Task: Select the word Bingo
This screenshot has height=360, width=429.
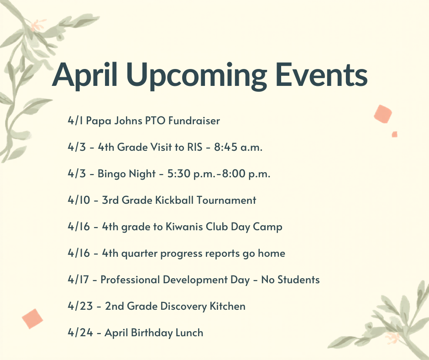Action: click(x=111, y=174)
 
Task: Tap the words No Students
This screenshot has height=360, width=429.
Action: click(x=290, y=280)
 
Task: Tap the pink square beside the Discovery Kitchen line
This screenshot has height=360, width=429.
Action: click(x=32, y=318)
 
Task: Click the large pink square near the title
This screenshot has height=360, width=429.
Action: click(x=382, y=114)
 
